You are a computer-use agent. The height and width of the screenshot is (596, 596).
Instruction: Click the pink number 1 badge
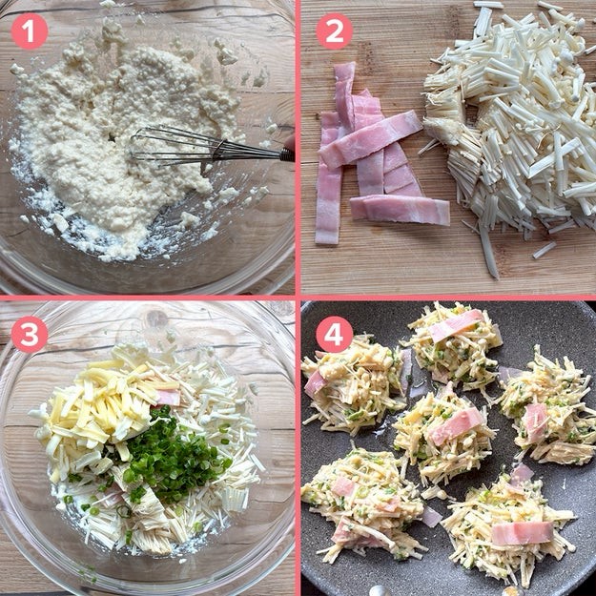click(30, 31)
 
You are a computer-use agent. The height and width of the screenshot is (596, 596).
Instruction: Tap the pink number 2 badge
click(335, 31)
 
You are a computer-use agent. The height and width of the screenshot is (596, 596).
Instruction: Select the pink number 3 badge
click(30, 335)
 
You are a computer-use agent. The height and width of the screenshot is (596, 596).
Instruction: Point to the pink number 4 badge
click(335, 335)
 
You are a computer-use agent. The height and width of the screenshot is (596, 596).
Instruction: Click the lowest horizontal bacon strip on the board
click(400, 210)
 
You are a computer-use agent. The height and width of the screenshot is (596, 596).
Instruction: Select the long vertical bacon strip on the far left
click(328, 178)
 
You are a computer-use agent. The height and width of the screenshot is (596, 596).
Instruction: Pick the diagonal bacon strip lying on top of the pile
click(371, 138)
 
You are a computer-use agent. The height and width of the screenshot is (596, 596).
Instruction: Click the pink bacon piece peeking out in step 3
click(169, 398)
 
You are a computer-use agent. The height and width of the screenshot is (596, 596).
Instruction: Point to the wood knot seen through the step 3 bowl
click(156, 319)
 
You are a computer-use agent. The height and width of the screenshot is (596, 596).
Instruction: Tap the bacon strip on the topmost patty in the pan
click(456, 325)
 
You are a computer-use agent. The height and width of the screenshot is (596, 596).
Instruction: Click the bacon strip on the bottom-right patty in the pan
click(523, 533)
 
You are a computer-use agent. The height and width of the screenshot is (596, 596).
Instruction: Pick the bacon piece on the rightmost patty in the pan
click(536, 420)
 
